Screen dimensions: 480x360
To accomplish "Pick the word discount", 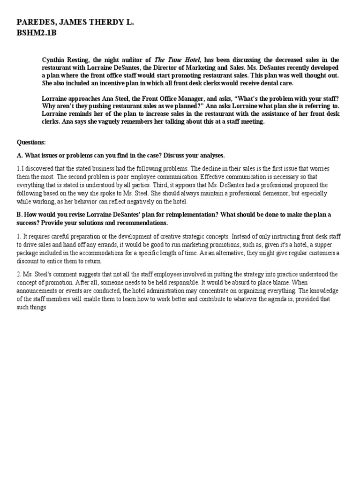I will click(29, 261).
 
